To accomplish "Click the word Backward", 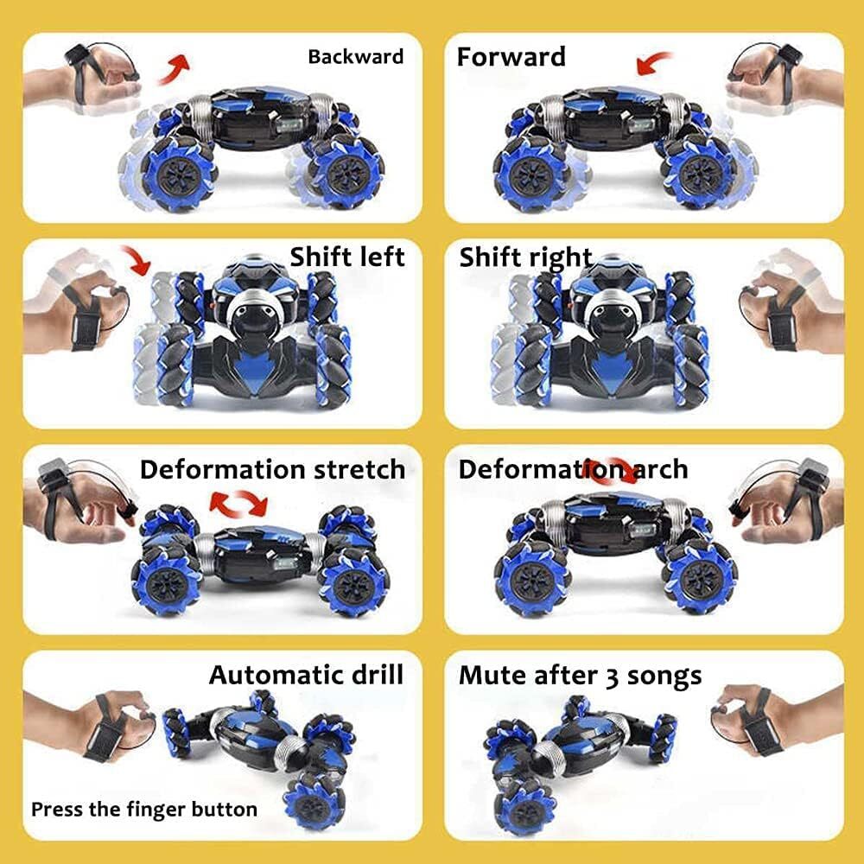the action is (x=355, y=56).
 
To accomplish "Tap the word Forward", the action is (x=511, y=56).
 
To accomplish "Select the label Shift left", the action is (x=347, y=257).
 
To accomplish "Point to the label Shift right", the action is (x=525, y=257).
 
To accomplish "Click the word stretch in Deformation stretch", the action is (x=359, y=469).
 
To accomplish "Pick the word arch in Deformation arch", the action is (x=661, y=469).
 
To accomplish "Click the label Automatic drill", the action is (x=307, y=675).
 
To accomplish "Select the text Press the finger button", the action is (x=144, y=810).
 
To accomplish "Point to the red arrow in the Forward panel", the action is (x=653, y=62).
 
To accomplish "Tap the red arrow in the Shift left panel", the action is (x=137, y=259).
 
